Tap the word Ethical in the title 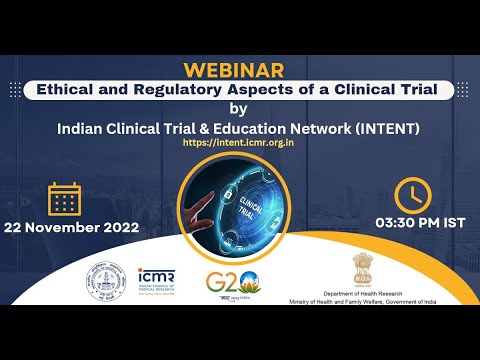[x=67, y=91]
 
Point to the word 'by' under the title [x=238, y=109]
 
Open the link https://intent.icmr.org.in [x=238, y=143]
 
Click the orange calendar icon [x=64, y=199]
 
